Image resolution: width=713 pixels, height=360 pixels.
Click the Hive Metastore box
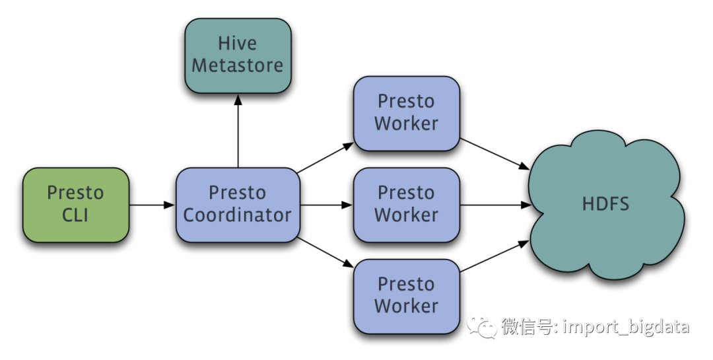(238, 55)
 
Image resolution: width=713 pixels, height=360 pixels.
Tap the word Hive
(238, 44)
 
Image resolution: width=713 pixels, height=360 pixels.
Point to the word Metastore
(238, 66)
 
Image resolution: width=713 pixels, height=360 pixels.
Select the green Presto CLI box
(75, 205)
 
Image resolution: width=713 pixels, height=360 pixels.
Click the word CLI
(75, 215)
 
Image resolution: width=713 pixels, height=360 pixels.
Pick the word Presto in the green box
(75, 194)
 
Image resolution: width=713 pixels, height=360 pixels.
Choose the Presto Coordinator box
(238, 205)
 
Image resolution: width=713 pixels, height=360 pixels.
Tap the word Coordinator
(238, 215)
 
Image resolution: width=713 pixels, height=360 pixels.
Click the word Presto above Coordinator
(238, 193)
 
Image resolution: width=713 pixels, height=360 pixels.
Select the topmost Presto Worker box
(406, 113)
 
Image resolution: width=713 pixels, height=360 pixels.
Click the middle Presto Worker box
(406, 205)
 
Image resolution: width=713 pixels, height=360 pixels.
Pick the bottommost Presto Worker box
(406, 296)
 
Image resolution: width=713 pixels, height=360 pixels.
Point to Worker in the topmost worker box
(406, 124)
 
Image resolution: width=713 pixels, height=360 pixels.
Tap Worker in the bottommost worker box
(406, 306)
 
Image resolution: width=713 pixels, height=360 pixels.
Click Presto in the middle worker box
(406, 193)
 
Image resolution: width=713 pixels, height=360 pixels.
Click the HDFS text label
(605, 204)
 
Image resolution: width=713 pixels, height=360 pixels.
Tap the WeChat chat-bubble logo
(482, 326)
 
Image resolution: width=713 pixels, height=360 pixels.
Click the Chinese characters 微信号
(526, 326)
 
